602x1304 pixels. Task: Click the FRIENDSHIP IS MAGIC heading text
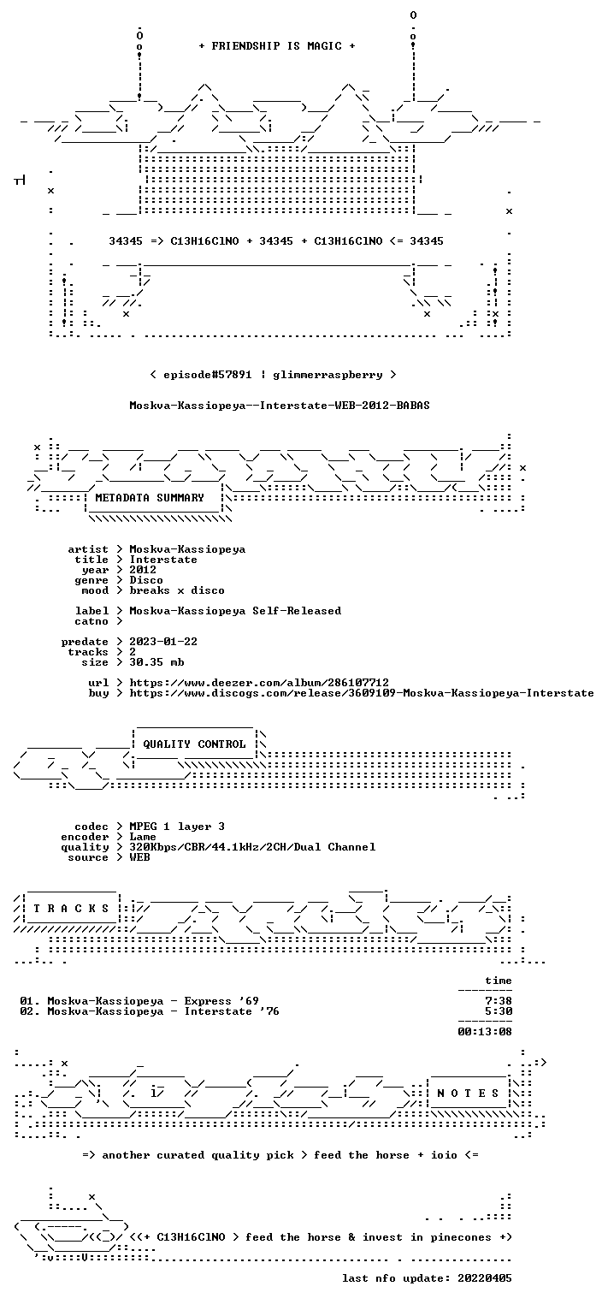point(277,46)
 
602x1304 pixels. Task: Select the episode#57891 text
point(208,375)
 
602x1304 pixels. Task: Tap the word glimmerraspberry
point(328,375)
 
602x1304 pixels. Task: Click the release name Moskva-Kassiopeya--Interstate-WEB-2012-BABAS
point(280,406)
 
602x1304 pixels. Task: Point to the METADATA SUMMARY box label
point(150,498)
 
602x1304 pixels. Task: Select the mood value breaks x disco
point(177,590)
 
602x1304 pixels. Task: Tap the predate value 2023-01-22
point(163,642)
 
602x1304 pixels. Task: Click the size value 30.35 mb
point(156,662)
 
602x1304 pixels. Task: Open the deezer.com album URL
point(259,682)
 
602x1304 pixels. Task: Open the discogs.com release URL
point(362,693)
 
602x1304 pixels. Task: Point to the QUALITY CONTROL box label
point(194,744)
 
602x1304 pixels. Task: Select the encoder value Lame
point(143,837)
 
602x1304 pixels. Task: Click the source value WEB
point(139,856)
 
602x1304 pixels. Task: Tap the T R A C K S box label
point(71,908)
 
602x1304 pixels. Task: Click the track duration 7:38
point(499,1001)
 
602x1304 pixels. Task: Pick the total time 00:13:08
point(485,1032)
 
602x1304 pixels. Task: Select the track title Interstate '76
point(232,1011)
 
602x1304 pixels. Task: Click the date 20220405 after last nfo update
point(485,1277)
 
